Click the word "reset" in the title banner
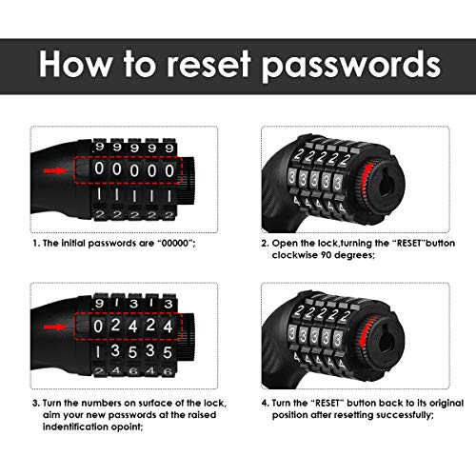(x=208, y=64)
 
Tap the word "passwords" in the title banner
(x=351, y=66)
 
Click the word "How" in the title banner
(x=75, y=64)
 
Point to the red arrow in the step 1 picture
(x=55, y=171)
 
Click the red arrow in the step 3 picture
(x=55, y=327)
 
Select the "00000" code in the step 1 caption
(x=175, y=244)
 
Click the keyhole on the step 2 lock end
(x=384, y=184)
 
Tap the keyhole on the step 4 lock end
(x=384, y=340)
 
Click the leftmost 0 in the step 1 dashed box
(x=99, y=169)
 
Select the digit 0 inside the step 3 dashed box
(x=98, y=327)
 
